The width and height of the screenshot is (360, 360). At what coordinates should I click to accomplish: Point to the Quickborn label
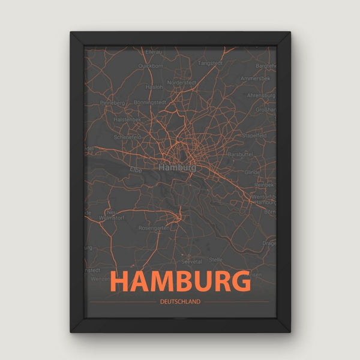[151, 65]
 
